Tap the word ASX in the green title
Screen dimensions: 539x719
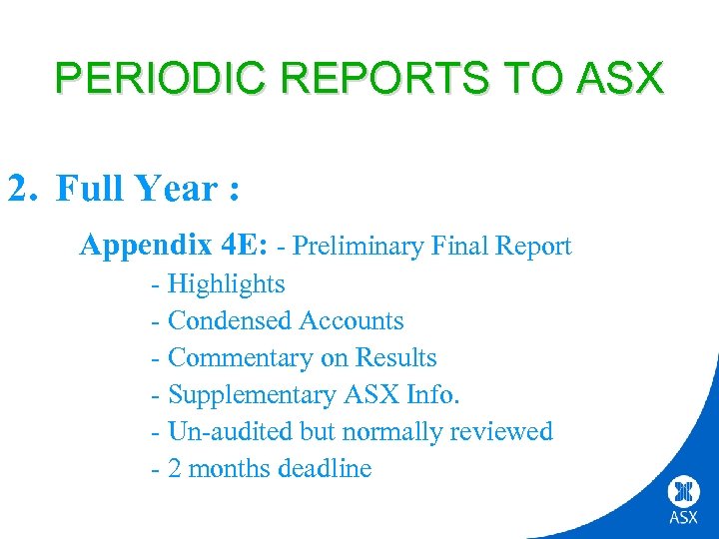pyautogui.click(x=621, y=77)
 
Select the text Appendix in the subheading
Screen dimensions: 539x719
pyautogui.click(x=142, y=246)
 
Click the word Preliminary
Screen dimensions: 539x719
pyautogui.click(x=363, y=247)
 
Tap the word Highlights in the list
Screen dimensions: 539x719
pyautogui.click(x=226, y=284)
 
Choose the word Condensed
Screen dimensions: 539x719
pyautogui.click(x=230, y=321)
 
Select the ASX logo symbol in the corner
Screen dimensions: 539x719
pyautogui.click(x=684, y=490)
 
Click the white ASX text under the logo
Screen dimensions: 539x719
pyautogui.click(x=684, y=518)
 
